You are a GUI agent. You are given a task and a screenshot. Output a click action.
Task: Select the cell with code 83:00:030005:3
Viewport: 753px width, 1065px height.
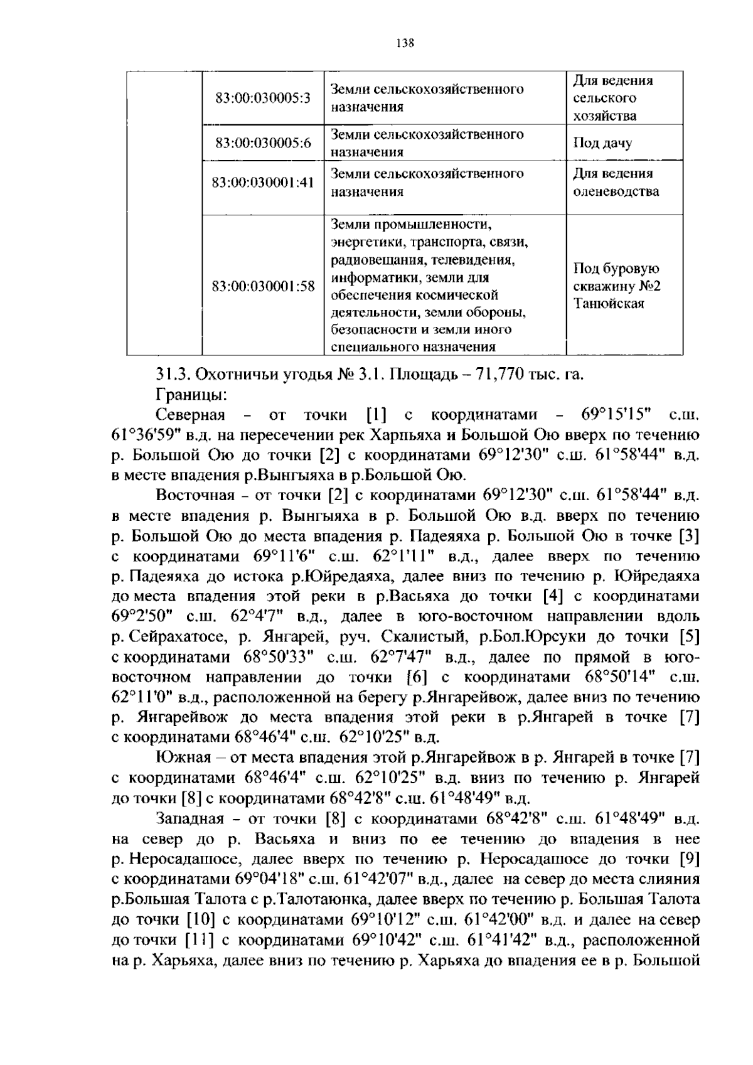tap(263, 98)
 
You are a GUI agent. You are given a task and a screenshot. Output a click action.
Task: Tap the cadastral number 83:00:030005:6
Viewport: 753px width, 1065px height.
tap(263, 142)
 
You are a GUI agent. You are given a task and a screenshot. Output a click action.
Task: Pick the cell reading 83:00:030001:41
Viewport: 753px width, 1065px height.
tap(263, 182)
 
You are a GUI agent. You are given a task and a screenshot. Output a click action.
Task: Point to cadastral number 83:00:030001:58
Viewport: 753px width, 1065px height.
tap(263, 286)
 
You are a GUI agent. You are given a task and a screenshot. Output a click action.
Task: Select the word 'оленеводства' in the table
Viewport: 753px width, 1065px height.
tap(616, 191)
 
